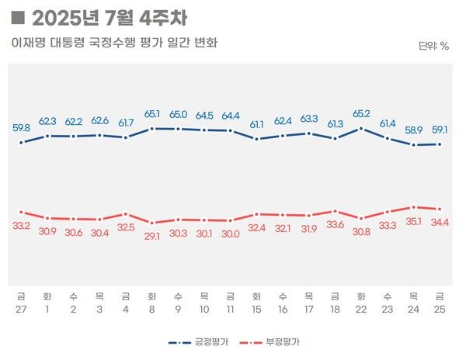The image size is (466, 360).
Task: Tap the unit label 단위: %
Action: (x=433, y=46)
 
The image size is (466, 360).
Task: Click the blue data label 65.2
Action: (x=361, y=112)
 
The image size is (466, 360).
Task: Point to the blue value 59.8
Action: (x=22, y=128)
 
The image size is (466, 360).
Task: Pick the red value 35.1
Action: (x=414, y=221)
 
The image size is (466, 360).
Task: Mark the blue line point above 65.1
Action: (x=152, y=128)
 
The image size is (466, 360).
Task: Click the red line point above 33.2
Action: (x=22, y=212)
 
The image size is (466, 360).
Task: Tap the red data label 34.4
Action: (x=440, y=223)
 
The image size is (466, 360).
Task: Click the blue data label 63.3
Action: (x=309, y=119)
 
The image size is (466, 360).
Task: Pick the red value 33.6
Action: (x=335, y=225)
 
